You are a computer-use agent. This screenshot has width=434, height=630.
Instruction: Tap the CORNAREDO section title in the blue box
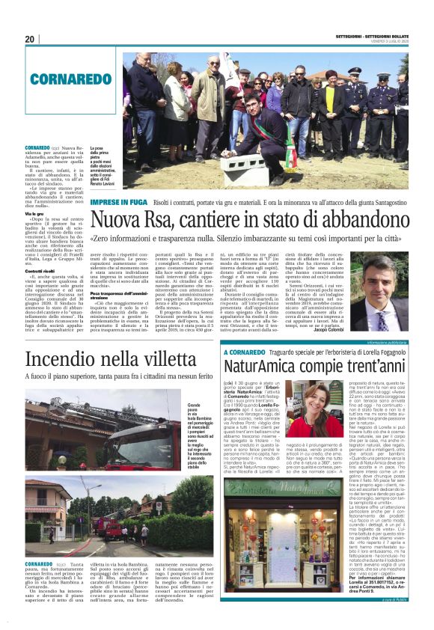click(62, 76)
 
